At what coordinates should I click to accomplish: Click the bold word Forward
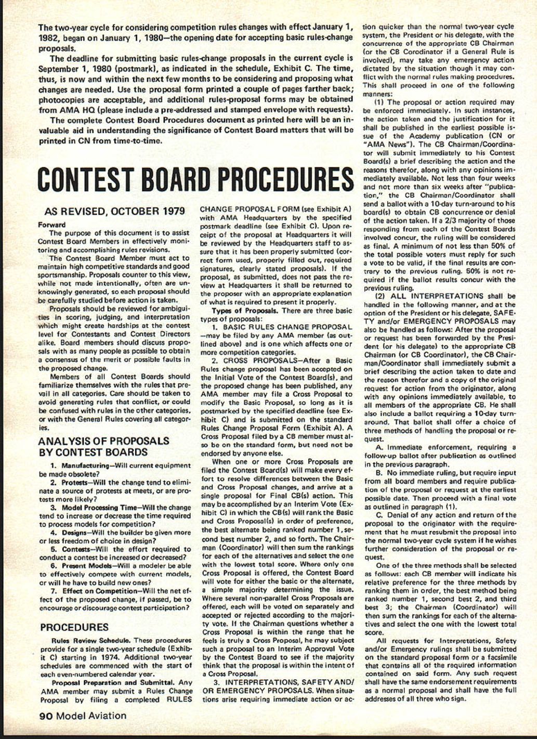52,225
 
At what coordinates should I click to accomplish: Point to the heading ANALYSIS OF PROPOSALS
103,441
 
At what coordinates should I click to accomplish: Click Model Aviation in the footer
91,716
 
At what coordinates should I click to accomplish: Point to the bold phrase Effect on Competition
99,591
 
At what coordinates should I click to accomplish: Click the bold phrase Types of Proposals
243,311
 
